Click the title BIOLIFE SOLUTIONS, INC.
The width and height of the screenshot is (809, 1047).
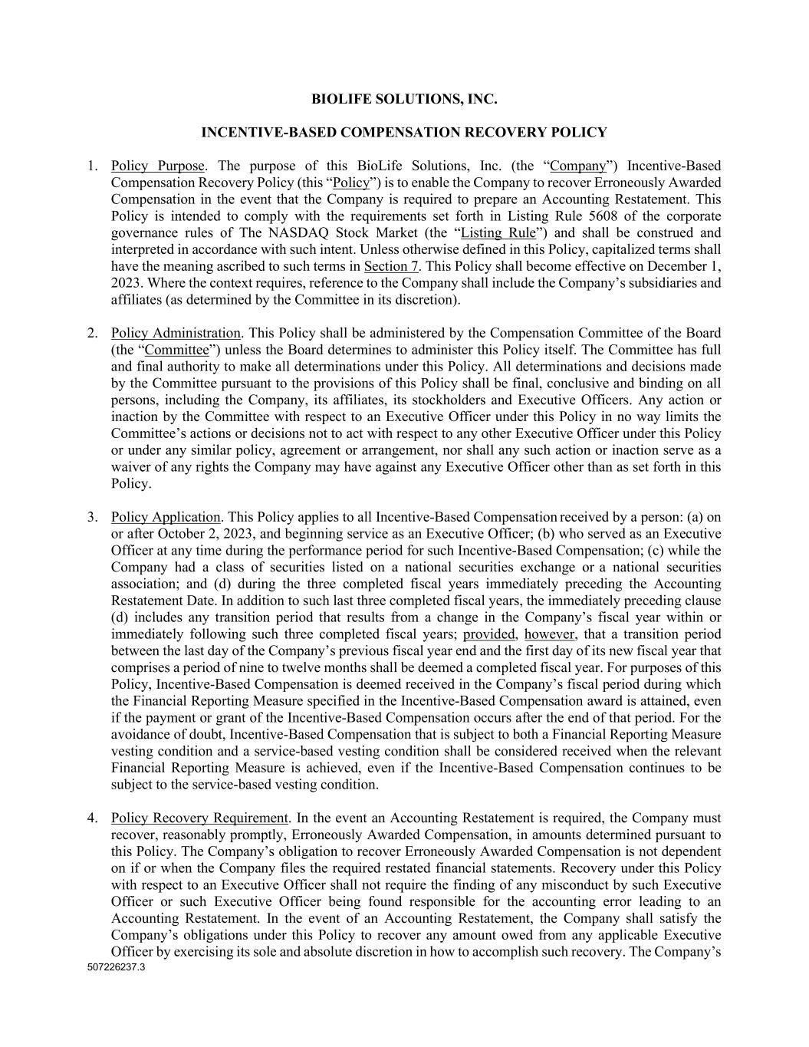coord(404,99)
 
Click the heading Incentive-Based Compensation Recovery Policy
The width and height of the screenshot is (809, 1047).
coord(404,132)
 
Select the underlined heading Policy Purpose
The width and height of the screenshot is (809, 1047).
coord(157,166)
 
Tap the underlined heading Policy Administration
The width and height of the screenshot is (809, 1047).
coord(176,333)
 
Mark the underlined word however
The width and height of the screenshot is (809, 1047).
coord(549,634)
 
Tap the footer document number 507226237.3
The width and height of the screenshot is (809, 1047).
coord(117,967)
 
